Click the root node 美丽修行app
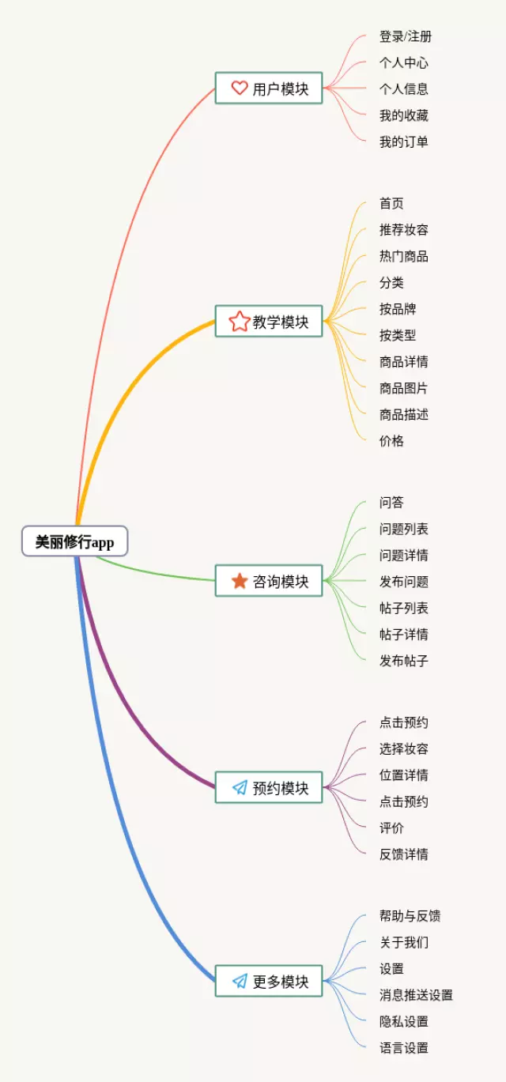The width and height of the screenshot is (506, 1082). click(74, 542)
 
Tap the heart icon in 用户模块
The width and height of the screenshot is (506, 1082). click(240, 88)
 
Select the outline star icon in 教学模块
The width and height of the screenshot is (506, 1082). click(240, 321)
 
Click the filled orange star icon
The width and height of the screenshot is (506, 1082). click(240, 581)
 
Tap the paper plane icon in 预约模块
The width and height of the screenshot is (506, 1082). click(240, 787)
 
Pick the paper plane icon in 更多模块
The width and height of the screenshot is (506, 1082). click(240, 981)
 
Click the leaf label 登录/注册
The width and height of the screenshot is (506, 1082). click(406, 36)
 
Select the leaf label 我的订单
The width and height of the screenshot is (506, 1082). click(404, 142)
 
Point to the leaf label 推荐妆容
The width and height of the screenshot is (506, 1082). click(404, 230)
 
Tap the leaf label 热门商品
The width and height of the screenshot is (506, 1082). click(404, 256)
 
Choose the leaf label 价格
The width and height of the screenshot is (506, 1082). click(391, 441)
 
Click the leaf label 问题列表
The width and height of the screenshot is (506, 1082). click(404, 529)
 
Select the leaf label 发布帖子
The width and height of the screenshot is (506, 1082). click(404, 661)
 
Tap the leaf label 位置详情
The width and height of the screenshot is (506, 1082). click(404, 775)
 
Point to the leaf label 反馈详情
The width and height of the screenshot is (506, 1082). click(404, 854)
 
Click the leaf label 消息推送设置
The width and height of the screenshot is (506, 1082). click(416, 995)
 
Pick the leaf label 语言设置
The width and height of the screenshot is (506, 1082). click(404, 1048)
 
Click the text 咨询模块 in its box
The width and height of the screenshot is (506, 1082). click(281, 582)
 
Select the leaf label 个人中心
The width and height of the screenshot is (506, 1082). click(404, 62)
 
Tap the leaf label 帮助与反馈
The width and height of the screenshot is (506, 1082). click(410, 916)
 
